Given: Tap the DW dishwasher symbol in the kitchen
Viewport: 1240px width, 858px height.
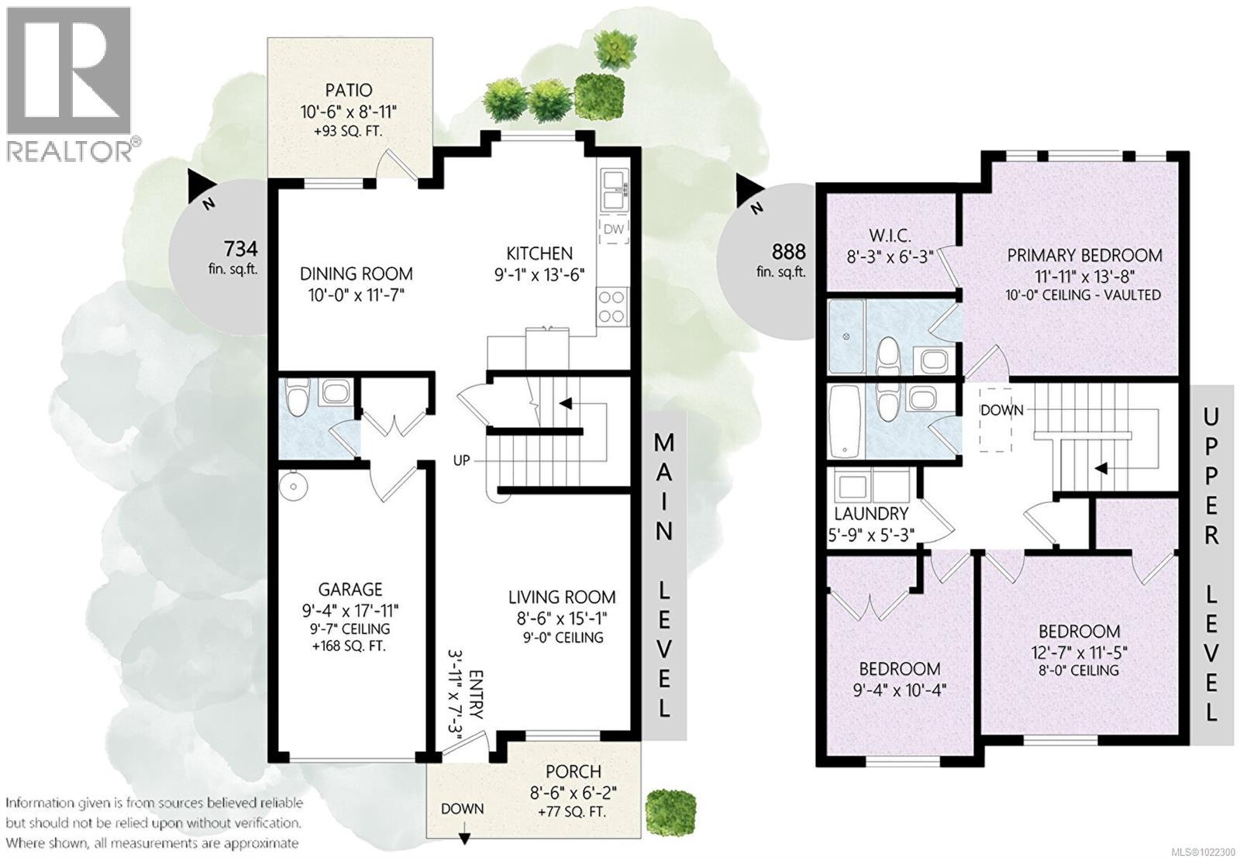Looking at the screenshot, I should click(613, 229).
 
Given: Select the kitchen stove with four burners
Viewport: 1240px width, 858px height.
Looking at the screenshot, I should click(612, 305).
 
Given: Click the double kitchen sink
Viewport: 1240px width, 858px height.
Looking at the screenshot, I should click(613, 191).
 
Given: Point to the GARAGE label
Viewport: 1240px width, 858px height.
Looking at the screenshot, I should click(350, 589).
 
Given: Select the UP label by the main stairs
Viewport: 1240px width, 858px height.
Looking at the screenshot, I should click(462, 460).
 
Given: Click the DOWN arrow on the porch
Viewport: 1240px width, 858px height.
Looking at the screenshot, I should click(463, 837).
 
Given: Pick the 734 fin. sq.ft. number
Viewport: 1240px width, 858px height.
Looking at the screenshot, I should click(239, 249).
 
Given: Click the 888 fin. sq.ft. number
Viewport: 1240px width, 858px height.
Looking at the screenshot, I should click(789, 251).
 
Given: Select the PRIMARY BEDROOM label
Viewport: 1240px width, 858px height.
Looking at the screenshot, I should click(1084, 255).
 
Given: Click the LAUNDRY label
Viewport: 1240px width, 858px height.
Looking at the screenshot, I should click(871, 514).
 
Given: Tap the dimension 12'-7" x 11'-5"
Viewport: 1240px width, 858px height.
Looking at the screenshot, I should click(1080, 652).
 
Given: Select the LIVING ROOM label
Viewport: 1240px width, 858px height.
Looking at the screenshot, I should click(562, 597).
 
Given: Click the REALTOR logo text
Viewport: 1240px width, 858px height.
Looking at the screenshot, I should click(70, 150).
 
